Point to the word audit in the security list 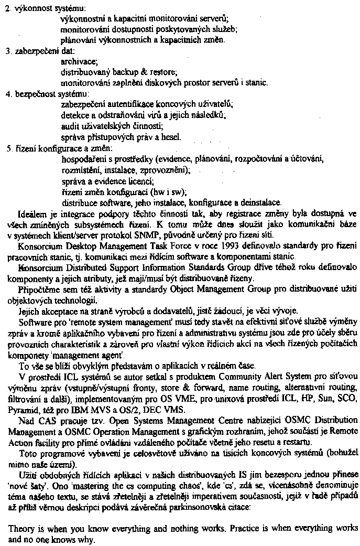[70, 125]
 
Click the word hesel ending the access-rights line [170, 137]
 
